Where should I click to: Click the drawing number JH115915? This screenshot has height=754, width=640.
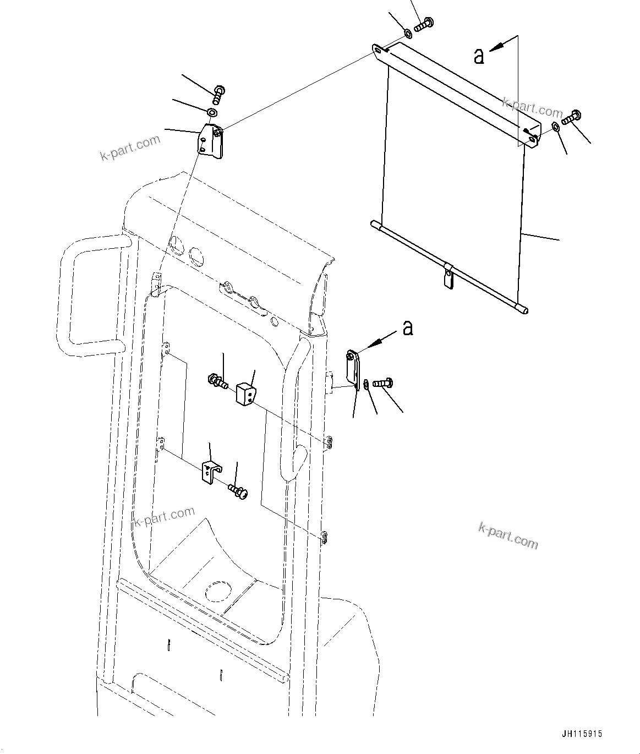click(582, 734)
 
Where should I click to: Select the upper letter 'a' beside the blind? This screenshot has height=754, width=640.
click(479, 56)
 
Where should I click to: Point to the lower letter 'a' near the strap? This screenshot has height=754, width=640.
click(407, 328)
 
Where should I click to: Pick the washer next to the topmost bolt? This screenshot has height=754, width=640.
click(408, 35)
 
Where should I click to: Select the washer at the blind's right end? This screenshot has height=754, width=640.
click(556, 128)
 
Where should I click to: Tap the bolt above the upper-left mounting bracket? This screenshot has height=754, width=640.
click(218, 94)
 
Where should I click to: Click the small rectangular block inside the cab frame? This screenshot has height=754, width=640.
click(245, 394)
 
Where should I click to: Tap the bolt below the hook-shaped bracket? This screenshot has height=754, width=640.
click(239, 490)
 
